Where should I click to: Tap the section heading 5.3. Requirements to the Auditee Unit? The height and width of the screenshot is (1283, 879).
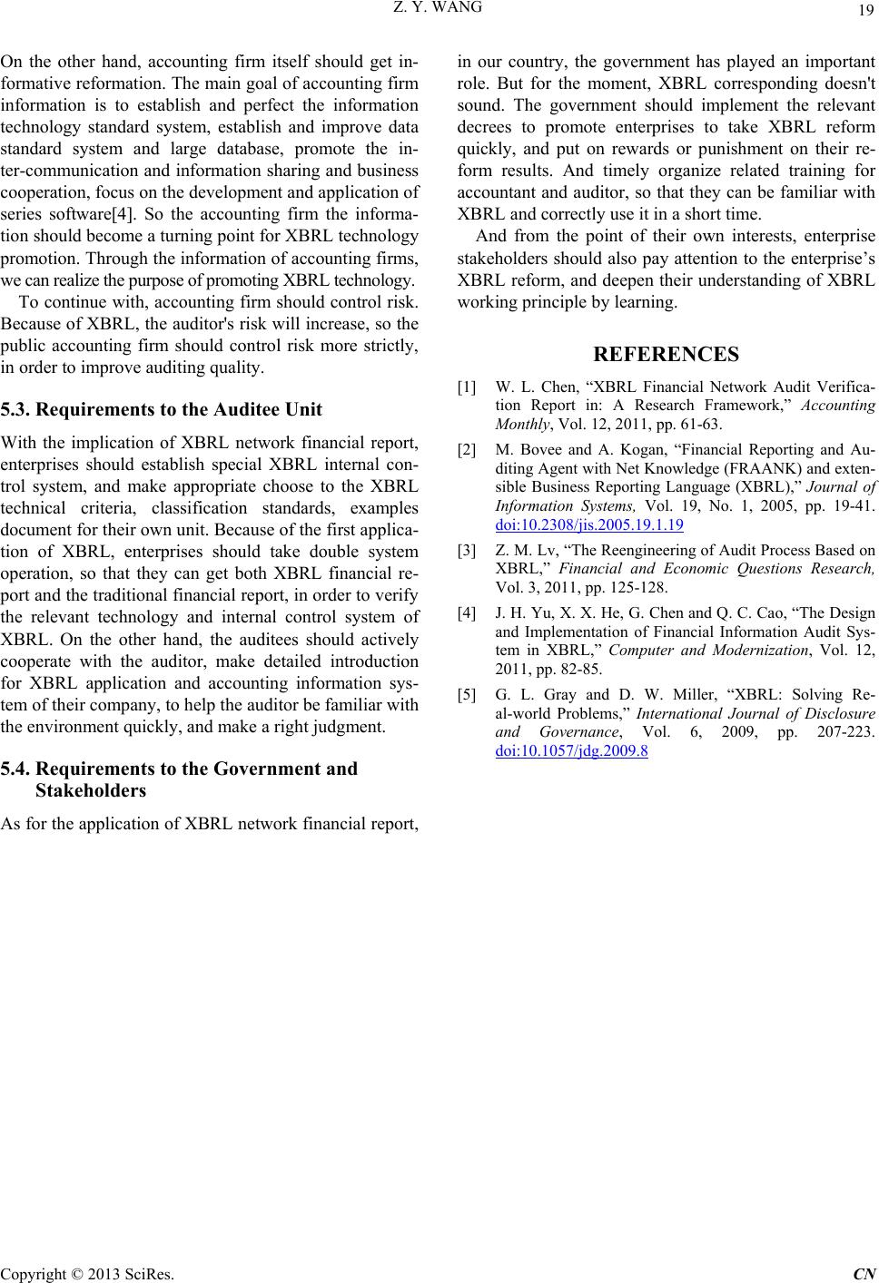(x=162, y=409)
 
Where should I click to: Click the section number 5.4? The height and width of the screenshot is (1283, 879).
(x=15, y=769)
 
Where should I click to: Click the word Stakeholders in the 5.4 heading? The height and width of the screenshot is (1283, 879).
(x=91, y=790)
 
